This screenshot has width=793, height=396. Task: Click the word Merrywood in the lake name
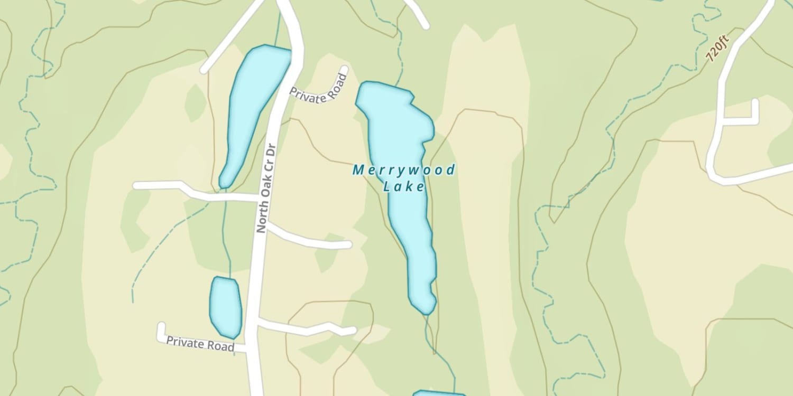(403, 170)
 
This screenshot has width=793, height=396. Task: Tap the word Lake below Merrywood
(404, 186)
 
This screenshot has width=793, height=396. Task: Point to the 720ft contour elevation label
(717, 49)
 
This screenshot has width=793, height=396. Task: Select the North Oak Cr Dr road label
(267, 188)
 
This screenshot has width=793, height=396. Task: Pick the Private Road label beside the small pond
(200, 343)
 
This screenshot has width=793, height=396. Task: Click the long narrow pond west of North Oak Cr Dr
(253, 111)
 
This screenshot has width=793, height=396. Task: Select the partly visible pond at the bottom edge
(439, 393)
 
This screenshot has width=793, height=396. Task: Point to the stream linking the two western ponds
(226, 232)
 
